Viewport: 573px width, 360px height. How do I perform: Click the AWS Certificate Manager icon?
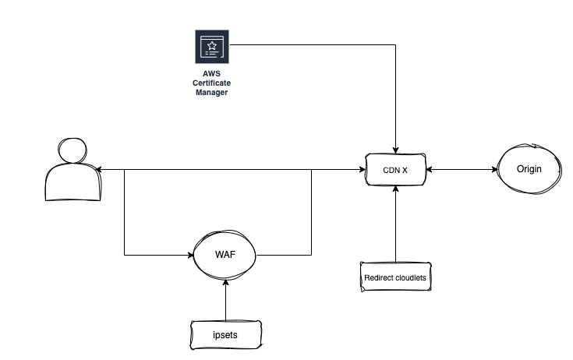[211, 48]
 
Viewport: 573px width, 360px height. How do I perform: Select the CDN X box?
[397, 169]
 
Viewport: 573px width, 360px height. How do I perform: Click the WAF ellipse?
[225, 254]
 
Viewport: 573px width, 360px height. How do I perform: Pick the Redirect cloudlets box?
[397, 277]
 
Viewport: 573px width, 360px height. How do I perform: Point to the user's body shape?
[73, 184]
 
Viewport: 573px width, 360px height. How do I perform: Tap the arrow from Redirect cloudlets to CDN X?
[397, 226]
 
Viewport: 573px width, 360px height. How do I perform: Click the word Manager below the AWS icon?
[211, 93]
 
